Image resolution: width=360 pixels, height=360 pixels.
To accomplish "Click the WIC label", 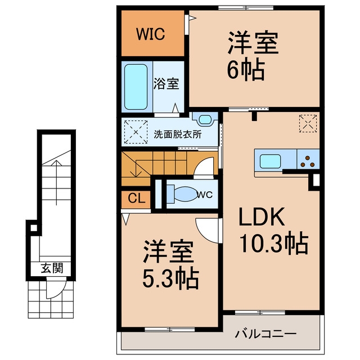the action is tap(150, 34).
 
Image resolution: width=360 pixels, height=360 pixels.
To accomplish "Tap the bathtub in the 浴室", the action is tap(136, 87).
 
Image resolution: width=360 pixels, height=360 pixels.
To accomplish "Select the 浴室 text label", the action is tap(166, 84).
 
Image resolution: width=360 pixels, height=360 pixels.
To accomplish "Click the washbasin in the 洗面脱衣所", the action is tap(205, 119).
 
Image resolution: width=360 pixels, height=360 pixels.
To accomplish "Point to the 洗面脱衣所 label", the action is tap(178, 134).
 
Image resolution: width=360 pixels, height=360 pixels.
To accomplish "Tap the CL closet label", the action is tap(137, 198).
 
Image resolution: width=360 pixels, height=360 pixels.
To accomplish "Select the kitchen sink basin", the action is tap(270, 161).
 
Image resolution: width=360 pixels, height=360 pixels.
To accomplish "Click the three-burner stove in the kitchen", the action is tap(308, 161).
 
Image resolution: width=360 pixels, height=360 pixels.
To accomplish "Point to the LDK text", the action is tap(262, 217).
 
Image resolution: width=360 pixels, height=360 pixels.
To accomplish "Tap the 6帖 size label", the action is tap(246, 69).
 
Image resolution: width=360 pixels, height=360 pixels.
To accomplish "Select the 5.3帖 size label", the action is tap(170, 278).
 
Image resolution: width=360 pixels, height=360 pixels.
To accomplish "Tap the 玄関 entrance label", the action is tap(52, 268).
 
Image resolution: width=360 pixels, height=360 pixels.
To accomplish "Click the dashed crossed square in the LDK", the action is tap(308, 124).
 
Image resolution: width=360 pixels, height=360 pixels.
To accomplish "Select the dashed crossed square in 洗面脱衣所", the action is tap(136, 132).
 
